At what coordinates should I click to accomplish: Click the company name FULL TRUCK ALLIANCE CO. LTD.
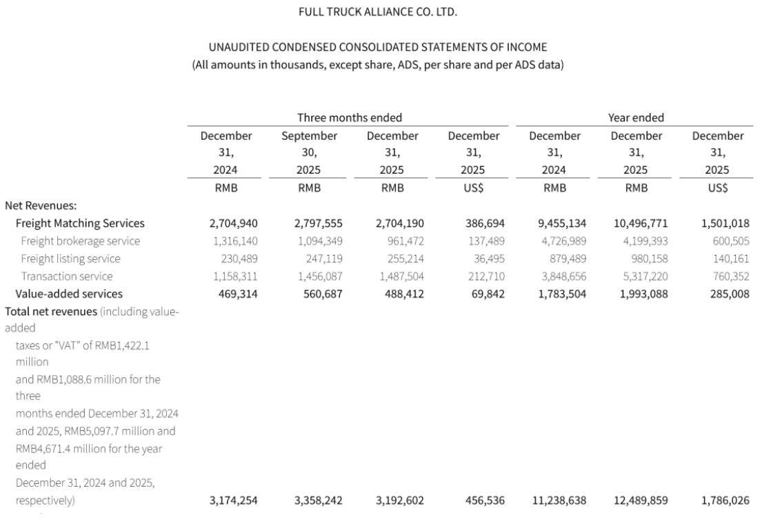click(377, 12)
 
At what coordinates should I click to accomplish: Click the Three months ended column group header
click(349, 117)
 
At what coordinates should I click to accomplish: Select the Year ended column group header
click(636, 117)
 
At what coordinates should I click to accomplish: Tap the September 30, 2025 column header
click(309, 152)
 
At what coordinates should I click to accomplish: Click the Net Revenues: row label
click(41, 205)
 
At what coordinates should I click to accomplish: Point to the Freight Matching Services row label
click(80, 223)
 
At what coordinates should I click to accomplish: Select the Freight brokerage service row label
click(80, 241)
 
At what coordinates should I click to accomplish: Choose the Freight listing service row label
click(70, 259)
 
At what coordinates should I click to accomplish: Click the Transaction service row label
click(66, 276)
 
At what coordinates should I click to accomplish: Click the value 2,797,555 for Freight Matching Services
click(318, 223)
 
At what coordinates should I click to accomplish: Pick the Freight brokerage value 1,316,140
click(233, 241)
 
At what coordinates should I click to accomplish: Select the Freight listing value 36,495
click(487, 259)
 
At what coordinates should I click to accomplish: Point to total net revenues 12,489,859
click(640, 501)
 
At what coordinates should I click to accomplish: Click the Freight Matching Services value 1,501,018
click(725, 223)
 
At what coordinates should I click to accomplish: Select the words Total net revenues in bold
click(51, 312)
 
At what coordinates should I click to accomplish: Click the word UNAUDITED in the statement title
click(239, 47)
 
